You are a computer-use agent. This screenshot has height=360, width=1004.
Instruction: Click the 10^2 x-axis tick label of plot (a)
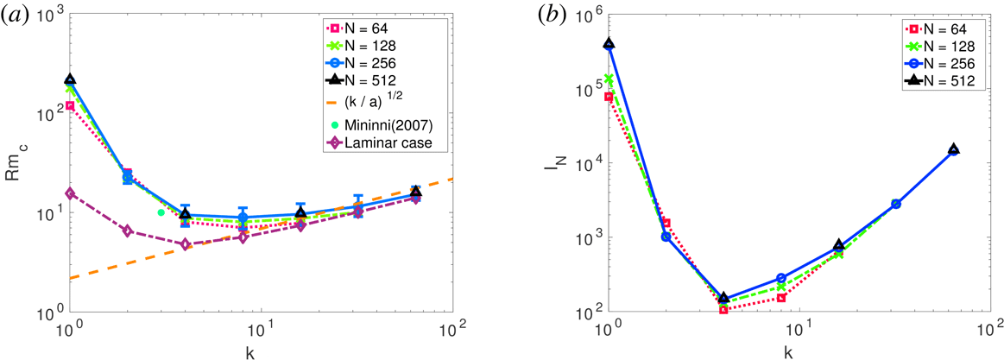click(451, 329)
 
